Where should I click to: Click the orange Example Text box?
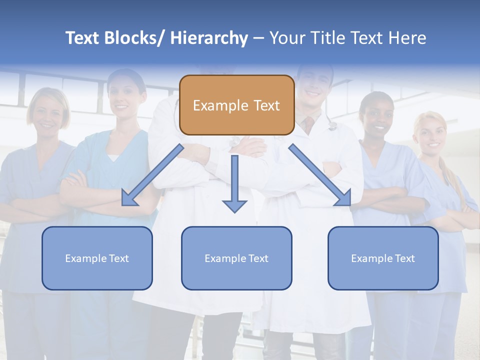[236, 105]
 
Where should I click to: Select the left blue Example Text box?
[97, 258]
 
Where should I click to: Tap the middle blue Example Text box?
[236, 258]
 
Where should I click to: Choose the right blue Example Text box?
[383, 258]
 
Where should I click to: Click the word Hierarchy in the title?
[209, 38]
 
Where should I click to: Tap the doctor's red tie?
[310, 122]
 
